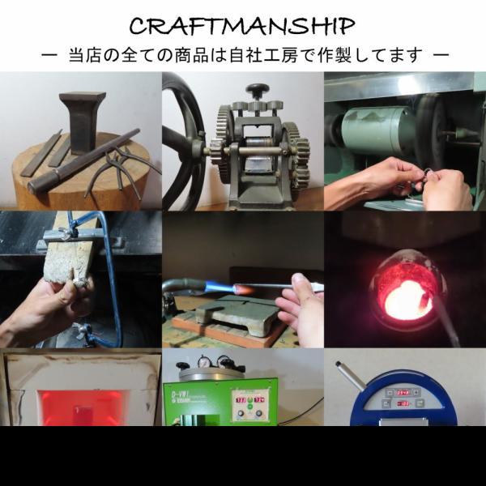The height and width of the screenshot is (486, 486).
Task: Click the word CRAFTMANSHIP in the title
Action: coord(241,26)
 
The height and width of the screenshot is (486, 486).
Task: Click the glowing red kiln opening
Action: coord(81,407)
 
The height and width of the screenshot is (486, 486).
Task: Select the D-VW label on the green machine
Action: coord(178,396)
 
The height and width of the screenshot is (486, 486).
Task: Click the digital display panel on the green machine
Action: coord(249,405)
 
